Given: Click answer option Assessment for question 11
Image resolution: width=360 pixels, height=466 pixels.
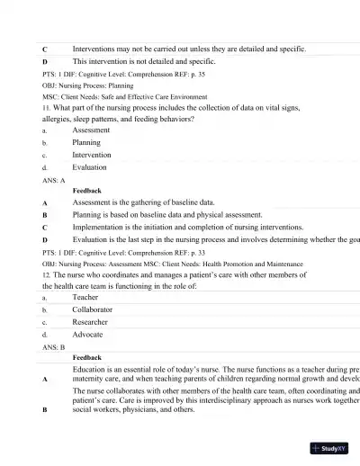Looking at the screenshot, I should (x=90, y=130).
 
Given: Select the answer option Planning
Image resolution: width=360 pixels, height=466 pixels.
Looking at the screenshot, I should (x=86, y=142).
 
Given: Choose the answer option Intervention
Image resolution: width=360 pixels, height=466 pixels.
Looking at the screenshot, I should (x=92, y=155).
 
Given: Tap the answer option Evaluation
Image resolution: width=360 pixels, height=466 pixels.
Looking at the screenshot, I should (x=90, y=167).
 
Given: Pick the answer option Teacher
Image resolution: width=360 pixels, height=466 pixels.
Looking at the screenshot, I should (x=86, y=296).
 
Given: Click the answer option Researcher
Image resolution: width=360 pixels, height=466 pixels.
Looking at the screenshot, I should (x=90, y=321).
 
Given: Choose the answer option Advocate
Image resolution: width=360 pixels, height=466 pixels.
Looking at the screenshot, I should (x=88, y=334).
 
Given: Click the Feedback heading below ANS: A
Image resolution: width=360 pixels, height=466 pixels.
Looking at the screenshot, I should (x=86, y=191).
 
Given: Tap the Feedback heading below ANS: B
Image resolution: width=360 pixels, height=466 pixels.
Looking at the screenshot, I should (x=86, y=357).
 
